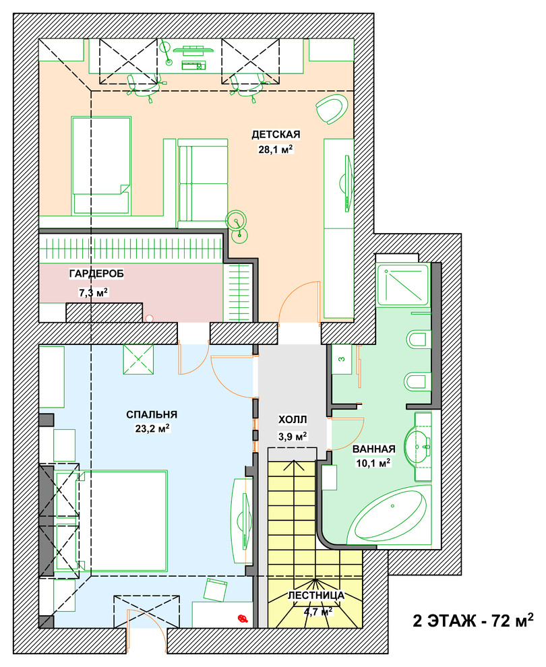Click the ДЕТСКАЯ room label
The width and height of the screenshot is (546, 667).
click(x=276, y=135)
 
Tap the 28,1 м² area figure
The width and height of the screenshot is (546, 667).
click(x=276, y=150)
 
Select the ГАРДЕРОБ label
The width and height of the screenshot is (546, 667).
click(x=96, y=274)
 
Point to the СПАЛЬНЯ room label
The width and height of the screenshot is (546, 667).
click(x=152, y=414)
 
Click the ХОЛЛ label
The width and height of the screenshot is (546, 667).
click(x=293, y=420)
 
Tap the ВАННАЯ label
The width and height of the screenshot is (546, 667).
click(x=373, y=449)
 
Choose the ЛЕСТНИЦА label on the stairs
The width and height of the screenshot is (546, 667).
click(x=315, y=596)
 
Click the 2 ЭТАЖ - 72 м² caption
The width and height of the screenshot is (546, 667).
click(x=473, y=621)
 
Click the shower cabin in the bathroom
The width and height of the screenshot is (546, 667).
click(x=402, y=284)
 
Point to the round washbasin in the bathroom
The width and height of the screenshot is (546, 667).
click(x=419, y=446)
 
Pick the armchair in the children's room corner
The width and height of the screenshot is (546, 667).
click(x=332, y=108)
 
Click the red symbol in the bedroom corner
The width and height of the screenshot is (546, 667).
click(x=243, y=618)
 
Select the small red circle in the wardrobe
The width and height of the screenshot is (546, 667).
click(x=149, y=318)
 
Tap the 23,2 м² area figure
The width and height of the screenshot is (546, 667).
click(x=152, y=428)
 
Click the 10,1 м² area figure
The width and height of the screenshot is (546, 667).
click(x=373, y=463)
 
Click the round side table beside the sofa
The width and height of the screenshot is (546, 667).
click(x=236, y=221)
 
